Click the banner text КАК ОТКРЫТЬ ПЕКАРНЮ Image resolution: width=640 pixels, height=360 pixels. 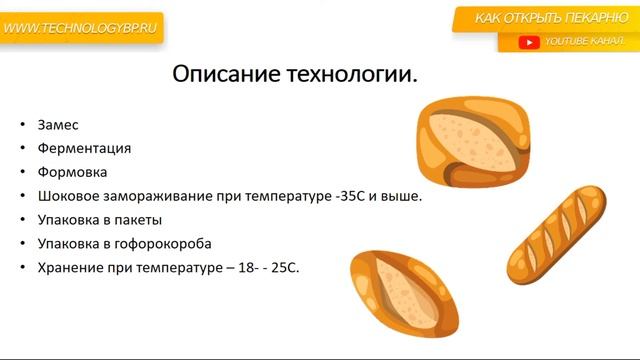pyautogui.click(x=552, y=18)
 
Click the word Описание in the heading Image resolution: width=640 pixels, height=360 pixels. pyautogui.click(x=229, y=75)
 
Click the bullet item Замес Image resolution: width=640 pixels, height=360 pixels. pyautogui.click(x=58, y=125)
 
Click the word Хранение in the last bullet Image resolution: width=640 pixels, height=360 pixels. pyautogui.click(x=72, y=268)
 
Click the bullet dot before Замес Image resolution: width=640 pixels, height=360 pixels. pyautogui.click(x=23, y=125)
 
